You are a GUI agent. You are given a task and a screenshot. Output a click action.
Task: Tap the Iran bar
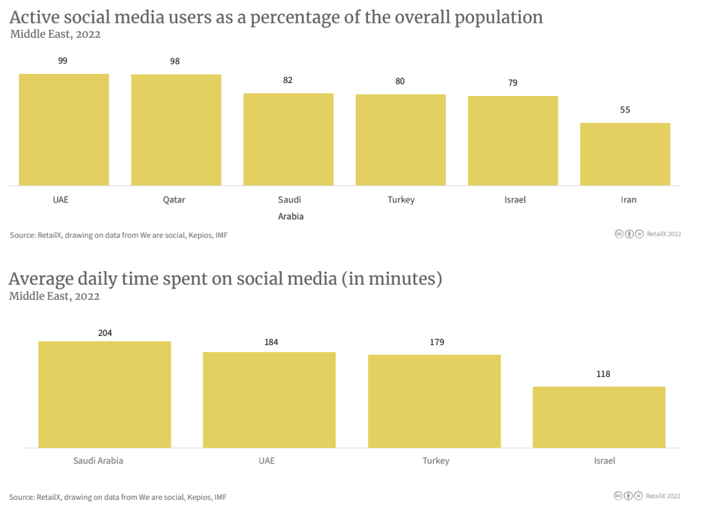click(x=625, y=154)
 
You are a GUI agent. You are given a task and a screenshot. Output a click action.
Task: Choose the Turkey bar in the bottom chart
click(x=434, y=401)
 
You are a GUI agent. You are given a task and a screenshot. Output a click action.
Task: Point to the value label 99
click(x=63, y=61)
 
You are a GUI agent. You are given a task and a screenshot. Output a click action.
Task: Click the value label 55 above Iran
click(x=625, y=110)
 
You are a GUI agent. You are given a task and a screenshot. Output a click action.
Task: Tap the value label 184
click(x=271, y=342)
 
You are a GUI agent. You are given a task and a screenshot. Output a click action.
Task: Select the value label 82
click(x=288, y=80)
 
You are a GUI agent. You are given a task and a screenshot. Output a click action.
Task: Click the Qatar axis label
click(x=174, y=200)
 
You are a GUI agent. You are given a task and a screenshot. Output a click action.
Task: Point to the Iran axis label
click(x=628, y=200)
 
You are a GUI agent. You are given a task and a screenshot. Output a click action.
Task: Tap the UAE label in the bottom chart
click(x=267, y=461)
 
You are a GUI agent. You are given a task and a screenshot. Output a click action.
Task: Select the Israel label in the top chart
click(x=515, y=200)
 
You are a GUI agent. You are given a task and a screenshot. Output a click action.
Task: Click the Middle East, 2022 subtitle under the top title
click(x=56, y=35)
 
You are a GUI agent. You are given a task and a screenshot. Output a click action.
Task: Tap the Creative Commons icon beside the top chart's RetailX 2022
click(x=619, y=234)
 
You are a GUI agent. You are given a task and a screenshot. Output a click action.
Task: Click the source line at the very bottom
click(x=118, y=497)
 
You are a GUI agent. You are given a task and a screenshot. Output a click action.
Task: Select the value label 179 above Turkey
click(x=434, y=342)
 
